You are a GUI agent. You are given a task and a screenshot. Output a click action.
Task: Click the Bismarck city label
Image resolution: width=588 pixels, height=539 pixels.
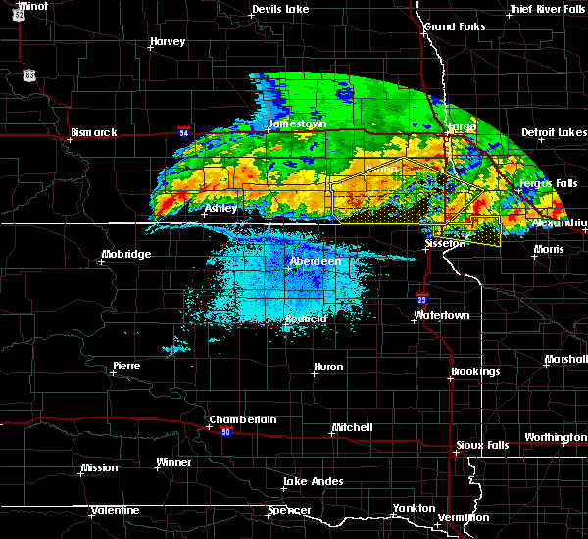coord(94,132)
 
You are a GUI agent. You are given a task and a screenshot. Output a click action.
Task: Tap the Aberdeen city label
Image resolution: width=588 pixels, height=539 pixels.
coord(316,262)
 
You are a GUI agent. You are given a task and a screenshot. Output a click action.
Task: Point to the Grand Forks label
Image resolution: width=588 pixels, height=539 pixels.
coord(454,26)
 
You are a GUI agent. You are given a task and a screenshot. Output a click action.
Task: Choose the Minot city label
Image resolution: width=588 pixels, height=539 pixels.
coord(32,6)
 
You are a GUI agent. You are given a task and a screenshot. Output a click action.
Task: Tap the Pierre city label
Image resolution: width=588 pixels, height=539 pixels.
coord(126,366)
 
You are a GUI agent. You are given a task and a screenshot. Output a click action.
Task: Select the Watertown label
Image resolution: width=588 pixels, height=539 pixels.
coord(442,315)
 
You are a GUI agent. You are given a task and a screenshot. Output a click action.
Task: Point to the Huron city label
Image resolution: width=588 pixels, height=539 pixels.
coord(328,367)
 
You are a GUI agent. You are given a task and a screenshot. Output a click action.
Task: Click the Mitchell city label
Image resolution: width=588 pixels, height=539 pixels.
coord(352,427)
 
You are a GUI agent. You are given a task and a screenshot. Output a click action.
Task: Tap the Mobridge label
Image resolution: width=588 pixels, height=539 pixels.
coord(126,255)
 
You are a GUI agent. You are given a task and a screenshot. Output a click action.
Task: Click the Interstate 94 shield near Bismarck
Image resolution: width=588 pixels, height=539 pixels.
coord(184,129)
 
